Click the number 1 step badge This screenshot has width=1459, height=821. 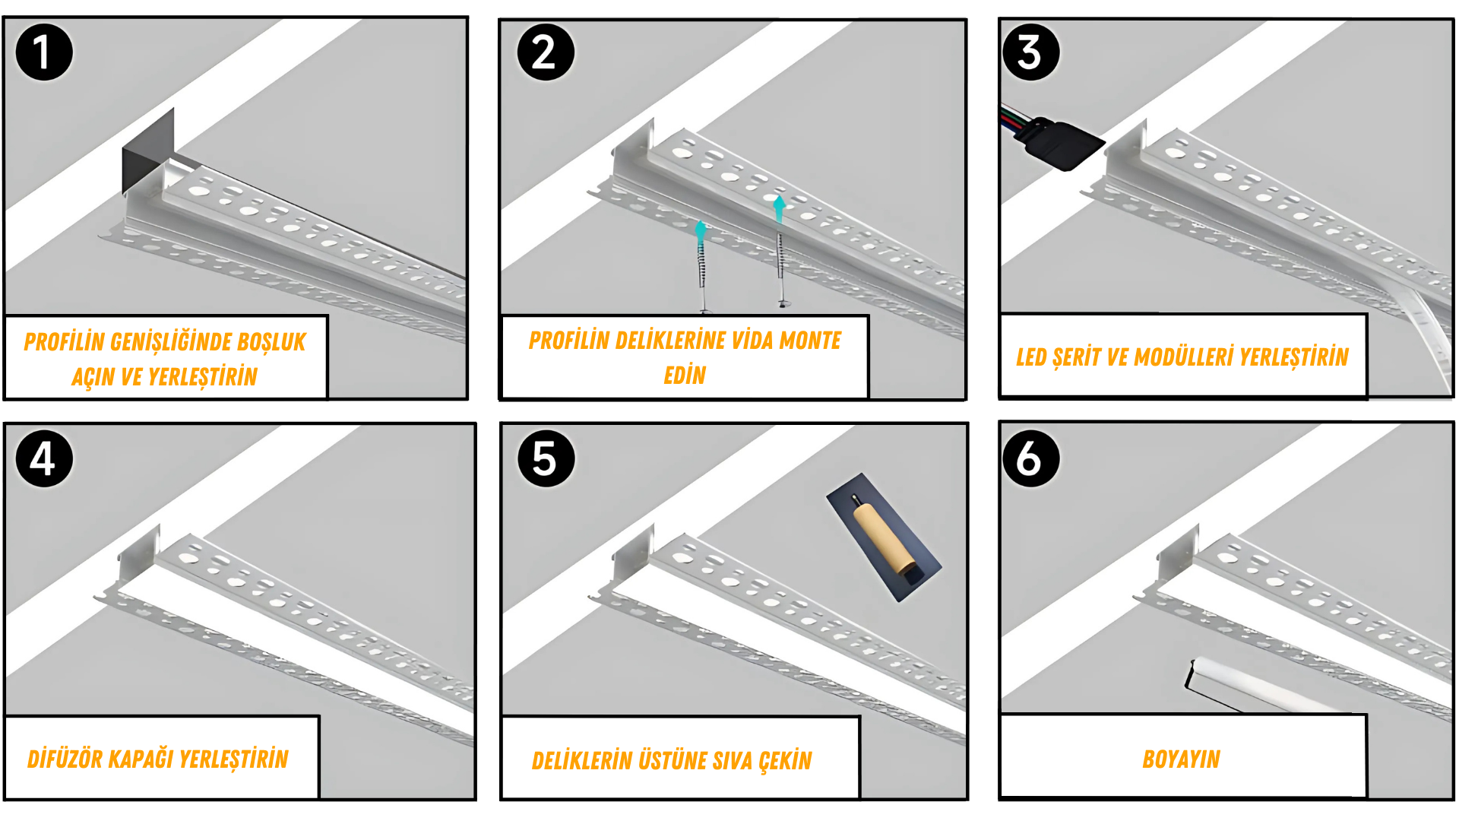[x=44, y=52]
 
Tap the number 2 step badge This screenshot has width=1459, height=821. [x=546, y=52]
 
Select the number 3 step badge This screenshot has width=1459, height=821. [x=1030, y=52]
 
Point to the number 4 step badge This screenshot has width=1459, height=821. [x=44, y=458]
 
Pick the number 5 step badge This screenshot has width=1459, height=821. [x=546, y=458]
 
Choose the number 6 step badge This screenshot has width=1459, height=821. [x=1030, y=458]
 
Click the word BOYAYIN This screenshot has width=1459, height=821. [x=1181, y=759]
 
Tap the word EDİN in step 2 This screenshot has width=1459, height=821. [x=685, y=375]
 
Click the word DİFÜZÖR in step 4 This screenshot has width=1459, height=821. [x=65, y=759]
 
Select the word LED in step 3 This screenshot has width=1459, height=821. [x=1031, y=357]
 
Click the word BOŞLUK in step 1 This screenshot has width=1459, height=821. [x=271, y=342]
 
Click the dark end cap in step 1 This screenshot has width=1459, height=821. [x=148, y=150]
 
